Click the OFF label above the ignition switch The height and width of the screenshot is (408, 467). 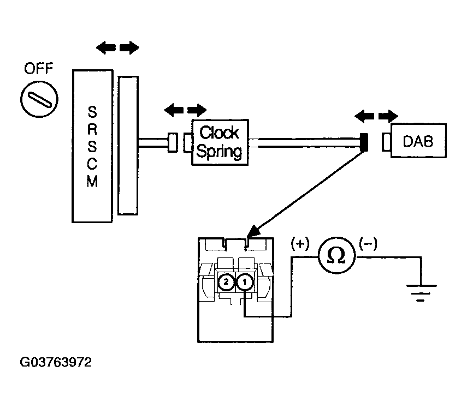(x=38, y=69)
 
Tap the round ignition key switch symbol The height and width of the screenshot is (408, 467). (x=39, y=99)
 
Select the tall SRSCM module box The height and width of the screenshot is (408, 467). (x=92, y=146)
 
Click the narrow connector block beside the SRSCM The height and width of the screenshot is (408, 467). (x=128, y=146)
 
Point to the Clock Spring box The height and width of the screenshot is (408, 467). (x=220, y=142)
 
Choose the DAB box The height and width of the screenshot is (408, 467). (x=418, y=141)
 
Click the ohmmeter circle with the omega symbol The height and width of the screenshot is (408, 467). (x=336, y=255)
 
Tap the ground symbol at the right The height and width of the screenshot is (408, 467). (x=421, y=293)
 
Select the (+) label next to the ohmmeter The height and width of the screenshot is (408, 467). (x=300, y=244)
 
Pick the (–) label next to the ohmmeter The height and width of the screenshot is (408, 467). (x=368, y=243)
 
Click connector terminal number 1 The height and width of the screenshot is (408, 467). (x=245, y=282)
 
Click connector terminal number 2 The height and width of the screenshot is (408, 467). (x=226, y=282)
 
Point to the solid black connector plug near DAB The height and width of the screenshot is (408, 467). (x=364, y=142)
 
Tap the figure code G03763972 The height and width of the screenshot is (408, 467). (x=56, y=362)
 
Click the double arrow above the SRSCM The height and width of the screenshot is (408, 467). (x=117, y=47)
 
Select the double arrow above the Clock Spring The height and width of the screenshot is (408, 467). (x=185, y=110)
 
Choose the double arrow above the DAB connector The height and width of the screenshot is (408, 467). (x=376, y=116)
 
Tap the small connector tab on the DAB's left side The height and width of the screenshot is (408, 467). (x=387, y=142)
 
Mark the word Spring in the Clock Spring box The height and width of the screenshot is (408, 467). (x=219, y=152)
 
